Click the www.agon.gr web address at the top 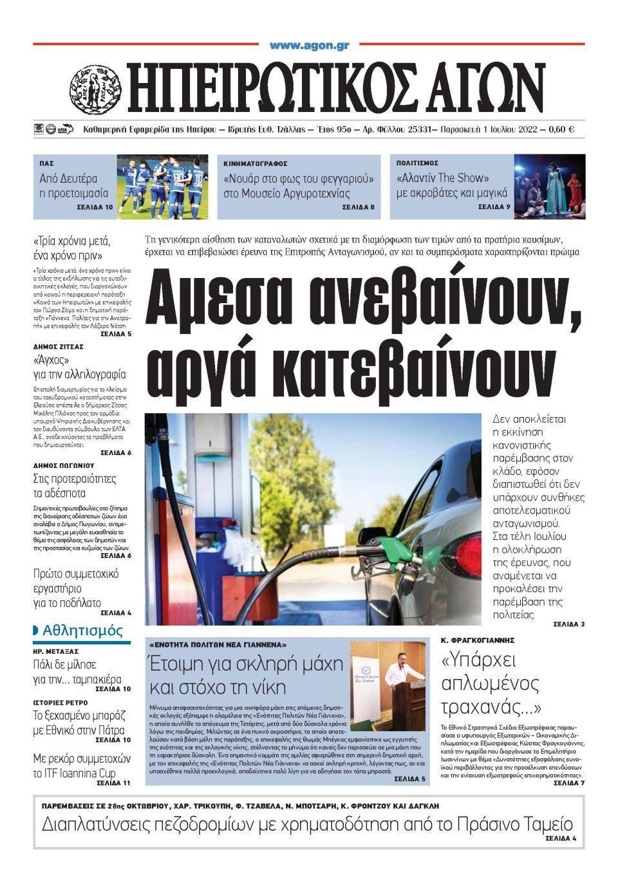309,45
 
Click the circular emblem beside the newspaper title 95,90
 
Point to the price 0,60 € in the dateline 561,129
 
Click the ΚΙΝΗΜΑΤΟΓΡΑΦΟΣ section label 256,164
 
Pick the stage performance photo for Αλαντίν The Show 550,185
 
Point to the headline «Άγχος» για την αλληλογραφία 79,367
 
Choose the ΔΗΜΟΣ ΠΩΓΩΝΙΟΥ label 64,465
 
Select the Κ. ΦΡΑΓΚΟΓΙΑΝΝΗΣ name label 477,640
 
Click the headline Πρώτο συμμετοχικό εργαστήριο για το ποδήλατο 76,588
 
